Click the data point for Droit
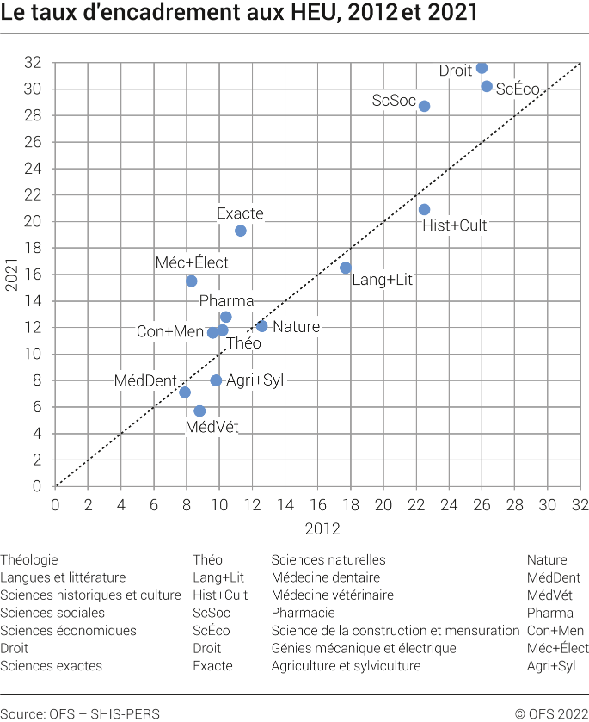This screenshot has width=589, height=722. (482, 68)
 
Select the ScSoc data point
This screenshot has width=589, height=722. (424, 106)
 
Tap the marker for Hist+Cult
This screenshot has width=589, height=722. (424, 209)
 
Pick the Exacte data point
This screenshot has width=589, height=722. (241, 231)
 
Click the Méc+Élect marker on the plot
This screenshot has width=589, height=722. (192, 281)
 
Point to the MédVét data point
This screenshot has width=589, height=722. (199, 410)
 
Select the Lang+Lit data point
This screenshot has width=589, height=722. (346, 268)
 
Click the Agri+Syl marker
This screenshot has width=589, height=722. (216, 380)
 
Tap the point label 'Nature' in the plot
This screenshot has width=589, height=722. (296, 327)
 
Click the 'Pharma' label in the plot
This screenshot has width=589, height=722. (226, 301)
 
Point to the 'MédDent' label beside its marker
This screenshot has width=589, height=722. (146, 380)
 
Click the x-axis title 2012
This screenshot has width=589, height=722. (317, 528)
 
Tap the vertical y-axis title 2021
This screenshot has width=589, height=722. (12, 275)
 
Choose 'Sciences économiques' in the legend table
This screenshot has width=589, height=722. (68, 631)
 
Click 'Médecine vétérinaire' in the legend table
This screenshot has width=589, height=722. (332, 595)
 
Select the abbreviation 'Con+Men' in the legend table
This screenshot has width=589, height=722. (551, 631)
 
